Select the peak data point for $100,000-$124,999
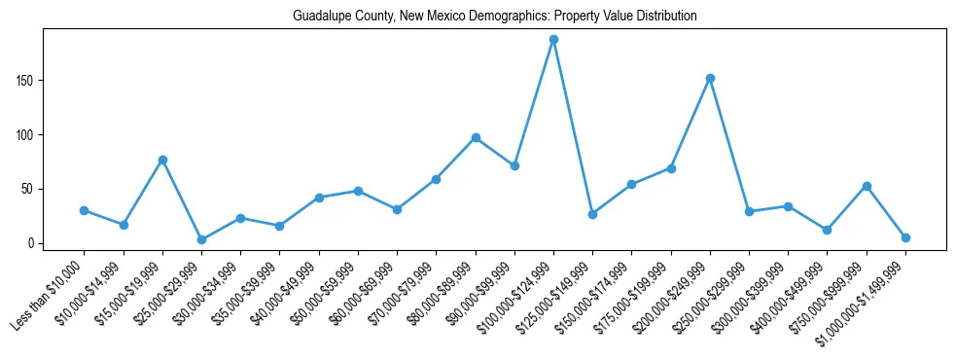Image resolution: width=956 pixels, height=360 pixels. pos(553,40)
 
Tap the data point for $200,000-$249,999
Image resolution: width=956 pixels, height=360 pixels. pos(710,78)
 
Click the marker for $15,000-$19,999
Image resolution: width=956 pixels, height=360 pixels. pos(162,160)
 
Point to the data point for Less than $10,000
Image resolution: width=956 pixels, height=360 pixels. pos(84,210)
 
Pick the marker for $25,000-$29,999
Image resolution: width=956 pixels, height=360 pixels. pos(201,239)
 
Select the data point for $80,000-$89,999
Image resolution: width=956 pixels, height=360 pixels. pos(476,137)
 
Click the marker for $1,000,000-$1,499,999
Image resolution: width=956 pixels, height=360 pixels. pos(905,237)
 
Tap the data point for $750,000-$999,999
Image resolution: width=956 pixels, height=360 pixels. pos(867,186)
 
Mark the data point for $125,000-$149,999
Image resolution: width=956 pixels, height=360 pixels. pos(592,214)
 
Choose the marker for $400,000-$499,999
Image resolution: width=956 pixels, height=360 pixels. pos(827,230)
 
